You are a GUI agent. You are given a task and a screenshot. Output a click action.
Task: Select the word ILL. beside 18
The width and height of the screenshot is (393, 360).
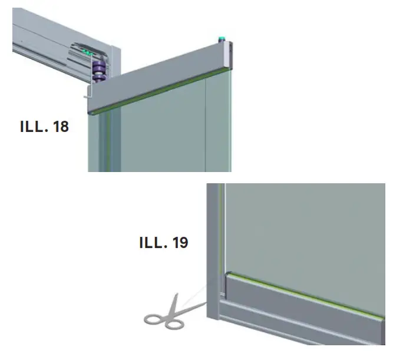32,127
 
